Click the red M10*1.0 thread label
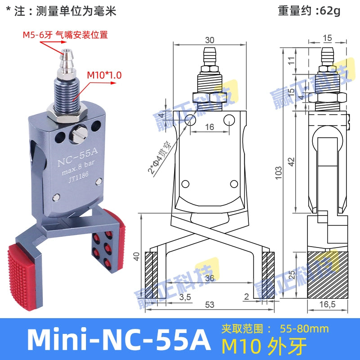104,75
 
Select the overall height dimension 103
279,171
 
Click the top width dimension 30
210,40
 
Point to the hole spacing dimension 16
209,127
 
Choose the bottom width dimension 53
209,305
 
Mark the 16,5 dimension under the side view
328,305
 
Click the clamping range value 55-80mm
304,328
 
